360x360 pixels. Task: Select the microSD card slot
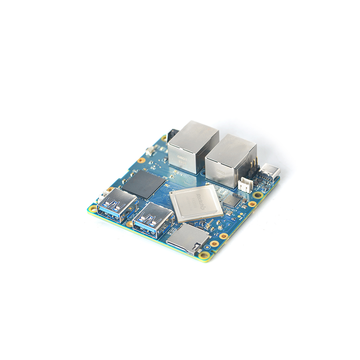[x=187, y=240]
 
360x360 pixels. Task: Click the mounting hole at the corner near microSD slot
[x=204, y=255]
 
